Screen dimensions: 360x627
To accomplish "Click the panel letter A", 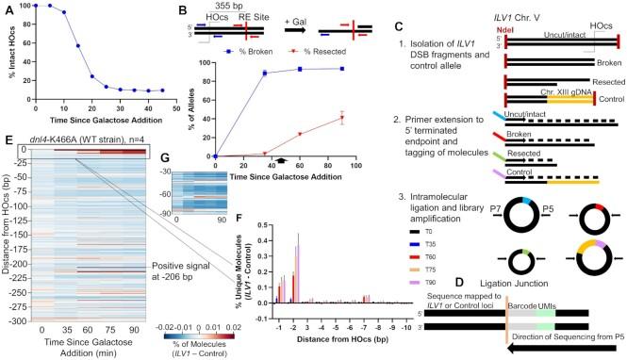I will [x=7, y=8].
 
